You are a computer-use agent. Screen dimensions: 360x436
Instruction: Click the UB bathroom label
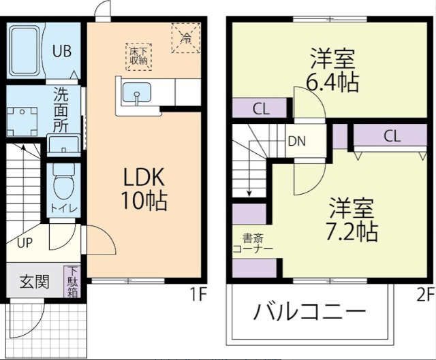pos(62,52)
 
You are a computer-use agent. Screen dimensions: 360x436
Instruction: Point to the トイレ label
pos(63,208)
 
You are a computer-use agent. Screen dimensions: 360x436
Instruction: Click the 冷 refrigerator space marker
pos(186,37)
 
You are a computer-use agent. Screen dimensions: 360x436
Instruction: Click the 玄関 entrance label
pos(33,280)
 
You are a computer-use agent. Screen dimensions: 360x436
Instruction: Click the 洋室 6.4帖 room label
pos(332,70)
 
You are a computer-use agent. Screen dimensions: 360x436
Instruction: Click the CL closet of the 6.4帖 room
pos(261,109)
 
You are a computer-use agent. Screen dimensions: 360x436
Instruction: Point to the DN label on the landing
pos(296,142)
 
